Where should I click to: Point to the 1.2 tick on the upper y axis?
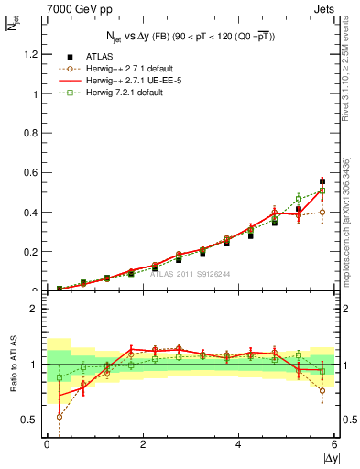coord(32,54)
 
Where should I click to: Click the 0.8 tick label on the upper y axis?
coord(32,133)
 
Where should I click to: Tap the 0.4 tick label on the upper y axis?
coord(32,213)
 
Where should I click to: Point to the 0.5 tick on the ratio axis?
coord(32,420)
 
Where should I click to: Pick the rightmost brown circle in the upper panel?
coord(322,212)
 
